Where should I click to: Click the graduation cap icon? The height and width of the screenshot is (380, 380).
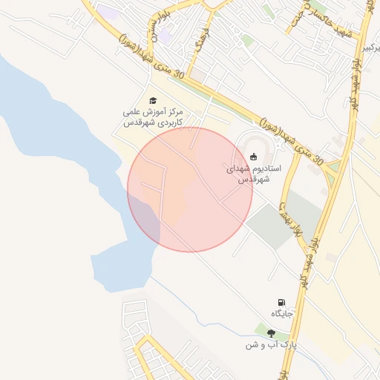pos(153,100)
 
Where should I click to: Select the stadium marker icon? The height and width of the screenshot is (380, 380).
pos(254,157)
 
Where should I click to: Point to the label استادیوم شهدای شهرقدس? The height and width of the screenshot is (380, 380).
pos(249,174)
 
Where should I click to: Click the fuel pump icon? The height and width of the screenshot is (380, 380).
pos(281,302)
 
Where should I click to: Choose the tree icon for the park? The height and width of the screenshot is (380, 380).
pos(271,334)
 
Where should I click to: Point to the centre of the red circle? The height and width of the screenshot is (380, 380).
pos(190,189)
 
